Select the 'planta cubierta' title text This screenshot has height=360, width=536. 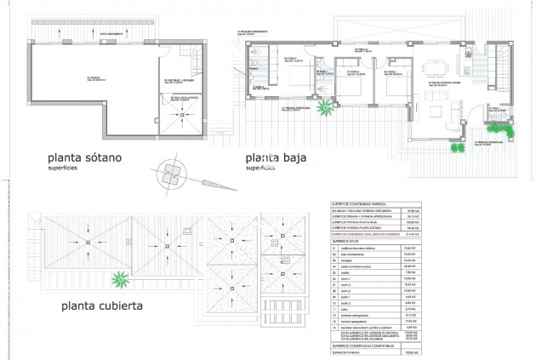[95, 305]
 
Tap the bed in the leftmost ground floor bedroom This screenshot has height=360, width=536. [294, 82]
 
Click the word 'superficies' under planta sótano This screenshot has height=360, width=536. [67, 169]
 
